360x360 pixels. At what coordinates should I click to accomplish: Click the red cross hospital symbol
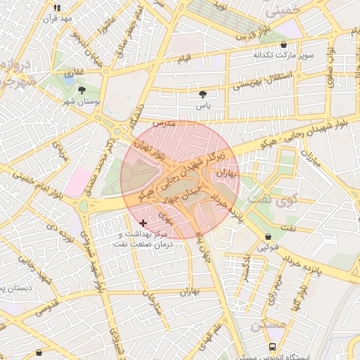pyautogui.click(x=143, y=223)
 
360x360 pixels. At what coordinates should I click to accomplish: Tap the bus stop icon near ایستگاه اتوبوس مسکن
pyautogui.click(x=272, y=347)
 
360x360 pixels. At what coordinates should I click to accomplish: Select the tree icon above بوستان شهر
pyautogui.click(x=82, y=91)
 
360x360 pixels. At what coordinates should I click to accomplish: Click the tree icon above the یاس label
pyautogui.click(x=203, y=94)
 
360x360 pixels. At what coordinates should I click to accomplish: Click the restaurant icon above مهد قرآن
pyautogui.click(x=58, y=8)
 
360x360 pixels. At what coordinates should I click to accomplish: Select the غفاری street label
pyautogui.click(x=74, y=72)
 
